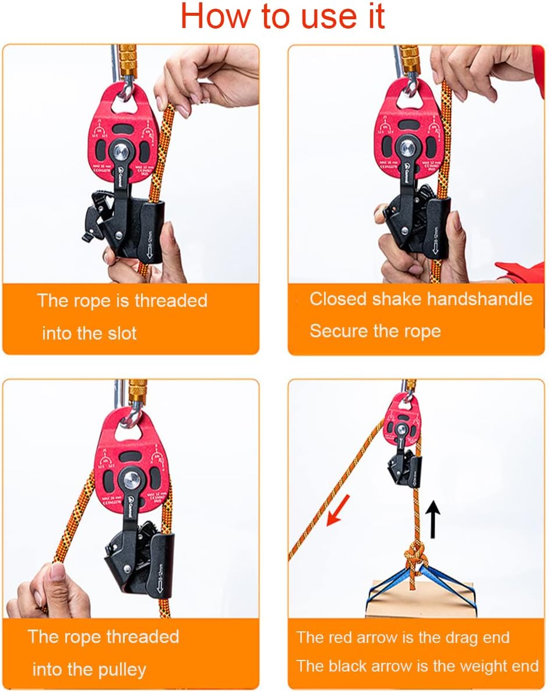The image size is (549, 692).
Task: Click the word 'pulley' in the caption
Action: pos(118,669)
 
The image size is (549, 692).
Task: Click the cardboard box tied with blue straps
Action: pos(419,600)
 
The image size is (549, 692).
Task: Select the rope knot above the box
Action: pos(415,557)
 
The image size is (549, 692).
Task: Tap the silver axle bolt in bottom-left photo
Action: pos(130,480)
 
